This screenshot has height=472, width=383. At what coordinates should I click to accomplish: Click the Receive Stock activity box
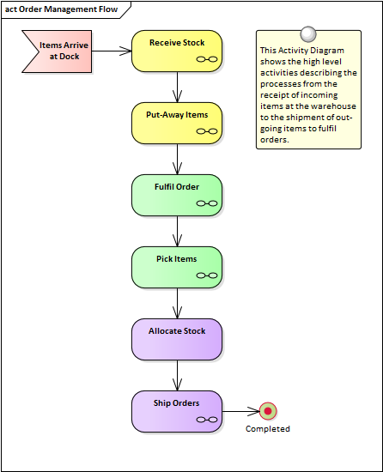[177, 51]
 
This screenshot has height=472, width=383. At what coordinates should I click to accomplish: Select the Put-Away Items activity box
[177, 123]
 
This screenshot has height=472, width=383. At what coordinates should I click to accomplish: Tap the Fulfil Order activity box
[177, 195]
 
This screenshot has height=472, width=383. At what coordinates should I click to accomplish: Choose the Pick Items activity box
[177, 267]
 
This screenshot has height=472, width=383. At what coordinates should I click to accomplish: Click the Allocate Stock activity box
[177, 339]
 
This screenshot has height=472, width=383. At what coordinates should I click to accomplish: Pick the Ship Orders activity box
[177, 411]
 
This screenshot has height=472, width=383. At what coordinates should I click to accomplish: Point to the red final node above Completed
[268, 411]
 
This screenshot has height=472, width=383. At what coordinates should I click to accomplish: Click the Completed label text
[268, 428]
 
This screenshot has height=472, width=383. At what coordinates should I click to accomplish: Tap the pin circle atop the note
[308, 33]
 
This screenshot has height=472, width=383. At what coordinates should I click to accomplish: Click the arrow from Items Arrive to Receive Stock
[112, 51]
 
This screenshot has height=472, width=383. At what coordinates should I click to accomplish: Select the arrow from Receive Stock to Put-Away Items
[177, 88]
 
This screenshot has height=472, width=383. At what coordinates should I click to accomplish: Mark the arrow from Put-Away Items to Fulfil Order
[177, 160]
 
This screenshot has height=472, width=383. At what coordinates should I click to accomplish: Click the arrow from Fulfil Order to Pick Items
[177, 232]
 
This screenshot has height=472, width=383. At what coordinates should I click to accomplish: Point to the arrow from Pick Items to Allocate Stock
[177, 304]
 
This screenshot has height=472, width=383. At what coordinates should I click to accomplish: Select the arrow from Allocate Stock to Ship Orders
[177, 376]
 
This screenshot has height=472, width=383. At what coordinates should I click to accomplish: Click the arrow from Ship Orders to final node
[241, 411]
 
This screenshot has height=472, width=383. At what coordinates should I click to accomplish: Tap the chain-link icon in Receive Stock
[207, 59]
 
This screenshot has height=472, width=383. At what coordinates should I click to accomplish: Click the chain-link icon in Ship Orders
[207, 420]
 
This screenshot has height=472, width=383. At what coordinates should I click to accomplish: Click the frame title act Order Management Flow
[61, 9]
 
